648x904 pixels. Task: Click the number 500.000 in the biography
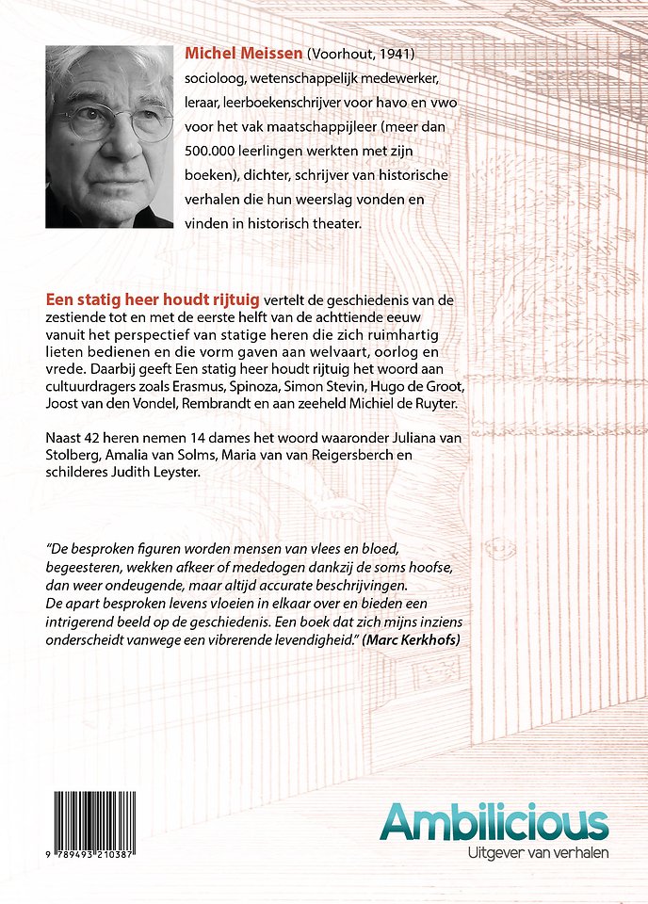[216, 153]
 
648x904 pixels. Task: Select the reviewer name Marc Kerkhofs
[420, 640]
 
